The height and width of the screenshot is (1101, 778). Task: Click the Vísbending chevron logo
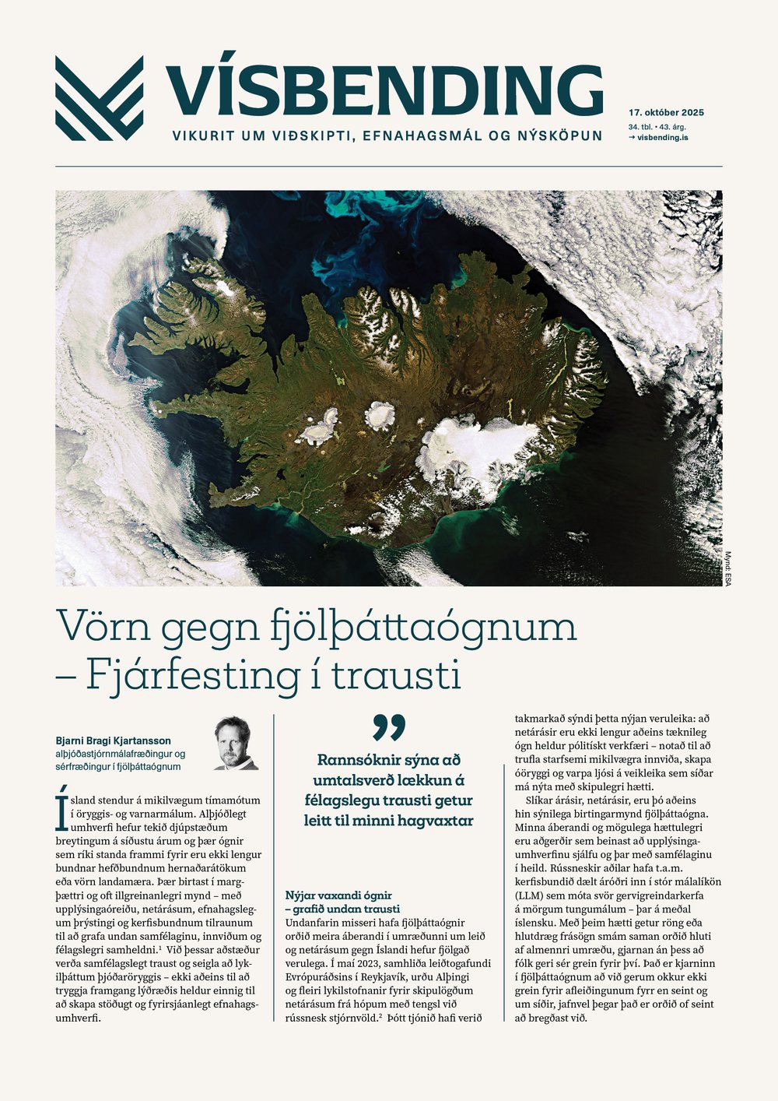coord(99,98)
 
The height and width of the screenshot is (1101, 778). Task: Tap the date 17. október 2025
coord(666,113)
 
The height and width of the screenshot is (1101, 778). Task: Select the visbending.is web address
coord(662,138)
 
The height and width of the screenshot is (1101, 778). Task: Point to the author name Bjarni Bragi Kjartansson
coord(114,740)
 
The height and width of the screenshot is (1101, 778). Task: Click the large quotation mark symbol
coord(389,726)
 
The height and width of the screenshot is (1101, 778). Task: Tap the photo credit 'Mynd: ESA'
coord(729,568)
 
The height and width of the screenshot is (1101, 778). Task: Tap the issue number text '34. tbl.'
coord(643,126)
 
